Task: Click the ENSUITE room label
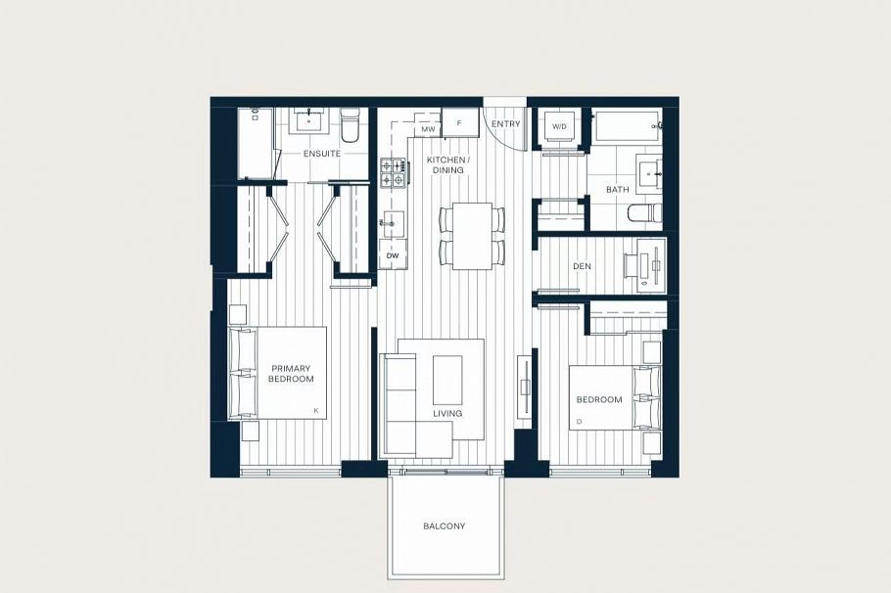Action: click(x=322, y=155)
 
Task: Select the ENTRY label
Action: click(x=506, y=124)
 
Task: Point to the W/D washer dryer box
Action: click(x=559, y=127)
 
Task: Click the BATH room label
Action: click(x=617, y=190)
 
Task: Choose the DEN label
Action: click(x=581, y=266)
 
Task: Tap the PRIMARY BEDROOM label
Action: click(x=292, y=374)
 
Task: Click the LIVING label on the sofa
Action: click(x=446, y=414)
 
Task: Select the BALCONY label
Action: click(x=445, y=526)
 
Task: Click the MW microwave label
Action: click(x=427, y=129)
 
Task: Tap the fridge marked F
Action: click(x=459, y=123)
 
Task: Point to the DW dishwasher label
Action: click(x=393, y=255)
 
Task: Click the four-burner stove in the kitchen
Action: click(x=393, y=173)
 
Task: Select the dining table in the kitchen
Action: click(x=473, y=235)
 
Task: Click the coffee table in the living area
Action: click(x=447, y=379)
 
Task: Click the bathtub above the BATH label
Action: click(x=626, y=127)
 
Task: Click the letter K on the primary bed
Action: click(x=316, y=410)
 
